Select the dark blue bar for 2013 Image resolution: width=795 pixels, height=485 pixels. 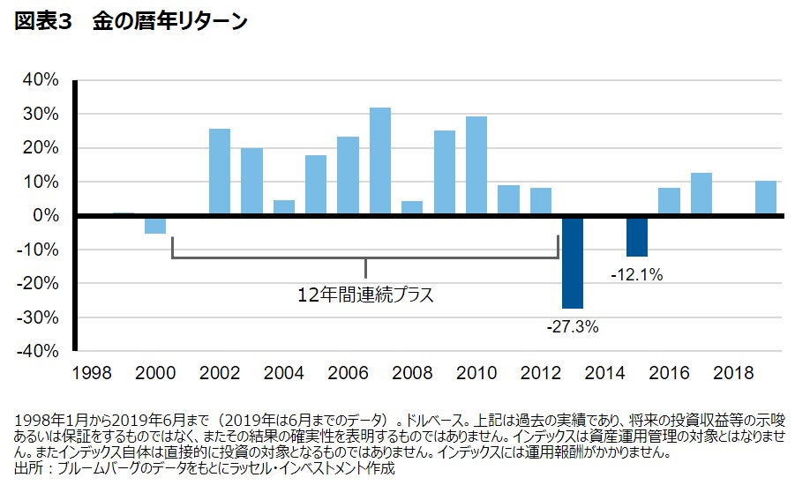(x=573, y=262)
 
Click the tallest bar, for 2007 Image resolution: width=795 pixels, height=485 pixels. (x=380, y=161)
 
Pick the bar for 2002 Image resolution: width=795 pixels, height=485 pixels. (x=220, y=172)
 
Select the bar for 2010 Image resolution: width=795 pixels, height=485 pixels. (x=476, y=166)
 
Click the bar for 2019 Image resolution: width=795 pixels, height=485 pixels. (x=765, y=198)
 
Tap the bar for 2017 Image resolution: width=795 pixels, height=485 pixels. (x=701, y=194)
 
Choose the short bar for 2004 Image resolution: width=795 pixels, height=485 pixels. (x=284, y=208)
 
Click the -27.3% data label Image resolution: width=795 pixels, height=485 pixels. (x=573, y=327)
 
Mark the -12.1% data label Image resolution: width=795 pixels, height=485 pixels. (x=636, y=275)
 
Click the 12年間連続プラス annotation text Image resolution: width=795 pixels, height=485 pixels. (x=366, y=295)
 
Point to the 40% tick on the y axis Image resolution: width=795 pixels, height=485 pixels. (x=41, y=80)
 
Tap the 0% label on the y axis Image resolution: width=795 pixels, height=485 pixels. (x=46, y=216)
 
